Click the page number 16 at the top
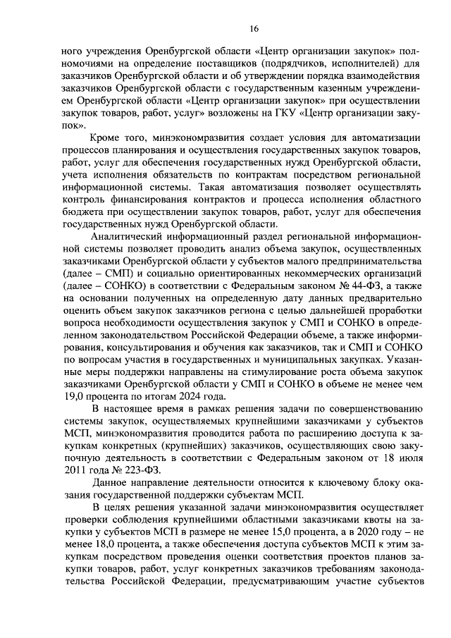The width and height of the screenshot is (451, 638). pyautogui.click(x=234, y=27)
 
